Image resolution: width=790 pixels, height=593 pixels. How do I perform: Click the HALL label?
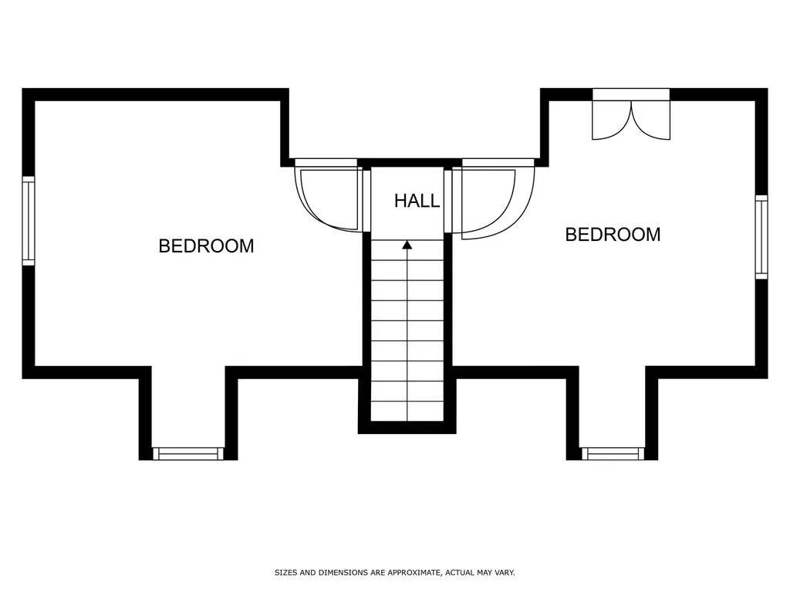[417, 201]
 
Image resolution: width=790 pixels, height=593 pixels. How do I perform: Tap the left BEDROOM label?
[206, 246]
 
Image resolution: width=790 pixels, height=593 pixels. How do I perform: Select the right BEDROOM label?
[613, 235]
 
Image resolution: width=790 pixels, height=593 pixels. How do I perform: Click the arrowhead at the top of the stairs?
[407, 245]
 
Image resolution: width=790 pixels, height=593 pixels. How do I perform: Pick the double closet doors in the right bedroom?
[631, 120]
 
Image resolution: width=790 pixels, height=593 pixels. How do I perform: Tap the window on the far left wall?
[29, 221]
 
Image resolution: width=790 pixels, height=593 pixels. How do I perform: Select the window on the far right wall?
[761, 237]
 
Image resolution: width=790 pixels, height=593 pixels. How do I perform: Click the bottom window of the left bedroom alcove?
[188, 453]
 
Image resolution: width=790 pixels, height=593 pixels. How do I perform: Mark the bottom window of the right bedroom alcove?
[613, 453]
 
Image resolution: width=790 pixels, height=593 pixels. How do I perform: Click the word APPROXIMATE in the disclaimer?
[412, 572]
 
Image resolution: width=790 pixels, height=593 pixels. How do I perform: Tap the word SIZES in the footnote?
[286, 572]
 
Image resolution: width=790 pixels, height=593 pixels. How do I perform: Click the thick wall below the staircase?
[407, 427]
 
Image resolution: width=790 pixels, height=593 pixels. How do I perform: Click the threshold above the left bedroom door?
[326, 163]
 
